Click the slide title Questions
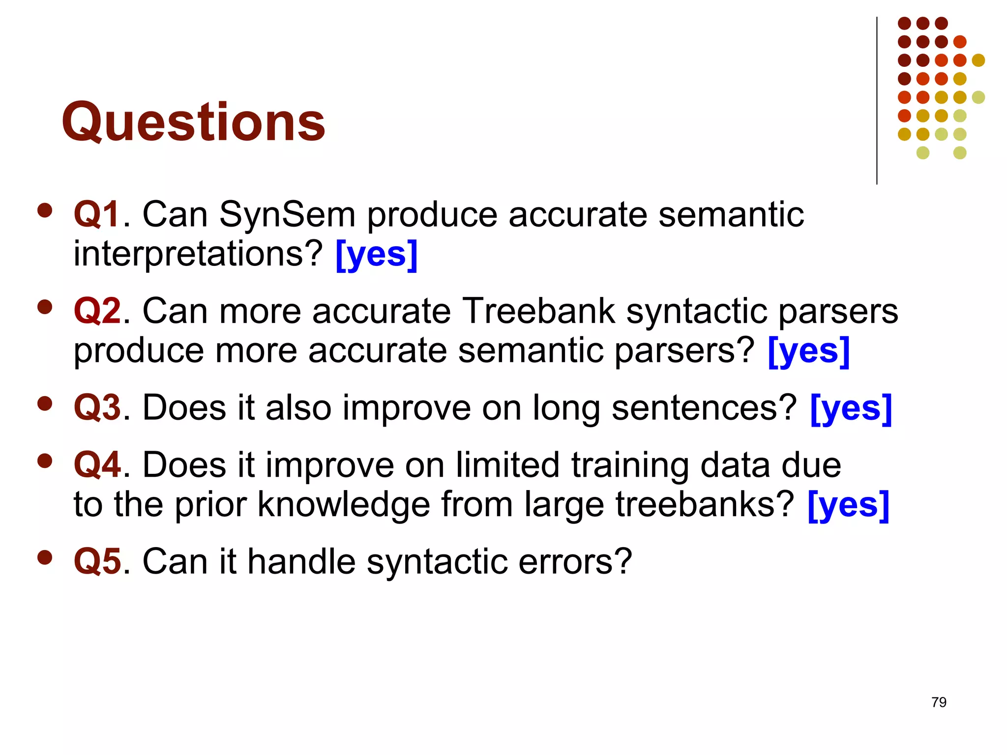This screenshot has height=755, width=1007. pyautogui.click(x=193, y=121)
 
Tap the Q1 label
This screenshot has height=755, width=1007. pyautogui.click(x=97, y=215)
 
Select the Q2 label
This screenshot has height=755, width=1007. pyautogui.click(x=97, y=312)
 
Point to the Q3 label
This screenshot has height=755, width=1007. pyautogui.click(x=97, y=408)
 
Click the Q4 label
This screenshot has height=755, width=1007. pyautogui.click(x=97, y=465)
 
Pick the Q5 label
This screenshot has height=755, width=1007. pyautogui.click(x=97, y=561)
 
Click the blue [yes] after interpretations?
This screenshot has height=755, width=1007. pyautogui.click(x=377, y=255)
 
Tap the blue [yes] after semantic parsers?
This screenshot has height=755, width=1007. pyautogui.click(x=808, y=351)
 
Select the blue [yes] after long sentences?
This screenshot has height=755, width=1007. pyautogui.click(x=851, y=409)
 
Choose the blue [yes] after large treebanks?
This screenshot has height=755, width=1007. pyautogui.click(x=848, y=505)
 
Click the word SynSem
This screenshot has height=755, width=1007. pyautogui.click(x=287, y=215)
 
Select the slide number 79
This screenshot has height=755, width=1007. pyautogui.click(x=939, y=702)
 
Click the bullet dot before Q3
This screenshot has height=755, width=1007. pyautogui.click(x=45, y=404)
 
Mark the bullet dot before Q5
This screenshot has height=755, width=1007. pyautogui.click(x=45, y=557)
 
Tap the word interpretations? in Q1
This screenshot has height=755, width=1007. pyautogui.click(x=198, y=255)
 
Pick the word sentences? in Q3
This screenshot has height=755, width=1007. pyautogui.click(x=704, y=408)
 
